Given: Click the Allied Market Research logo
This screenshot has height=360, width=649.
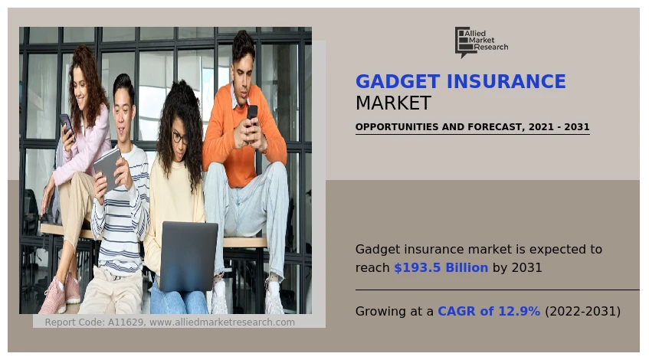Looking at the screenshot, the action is pyautogui.click(x=481, y=42).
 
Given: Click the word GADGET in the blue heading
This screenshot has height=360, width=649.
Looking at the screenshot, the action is pyautogui.click(x=398, y=81).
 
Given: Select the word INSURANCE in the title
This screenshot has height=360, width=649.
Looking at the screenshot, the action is pyautogui.click(x=506, y=81).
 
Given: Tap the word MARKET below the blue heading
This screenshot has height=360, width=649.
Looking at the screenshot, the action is pyautogui.click(x=393, y=103).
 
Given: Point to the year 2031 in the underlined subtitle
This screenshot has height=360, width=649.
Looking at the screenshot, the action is pyautogui.click(x=576, y=126).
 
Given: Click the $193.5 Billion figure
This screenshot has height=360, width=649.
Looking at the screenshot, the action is pyautogui.click(x=441, y=268).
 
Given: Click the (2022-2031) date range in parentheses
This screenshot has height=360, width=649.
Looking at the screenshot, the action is pyautogui.click(x=583, y=311).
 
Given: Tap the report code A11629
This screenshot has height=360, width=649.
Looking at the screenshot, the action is pyautogui.click(x=126, y=322).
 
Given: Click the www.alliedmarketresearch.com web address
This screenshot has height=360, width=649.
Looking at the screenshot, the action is pyautogui.click(x=222, y=322).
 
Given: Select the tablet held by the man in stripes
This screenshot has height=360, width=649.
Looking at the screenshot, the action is pyautogui.click(x=107, y=169).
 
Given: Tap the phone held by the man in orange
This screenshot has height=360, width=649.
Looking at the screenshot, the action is pyautogui.click(x=252, y=115).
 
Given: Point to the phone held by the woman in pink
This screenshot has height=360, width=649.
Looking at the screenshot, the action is pyautogui.click(x=67, y=126).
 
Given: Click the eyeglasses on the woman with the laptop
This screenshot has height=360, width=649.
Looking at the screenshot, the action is pyautogui.click(x=179, y=137).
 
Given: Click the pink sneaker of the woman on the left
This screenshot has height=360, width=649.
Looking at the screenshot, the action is pyautogui.click(x=53, y=296).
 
